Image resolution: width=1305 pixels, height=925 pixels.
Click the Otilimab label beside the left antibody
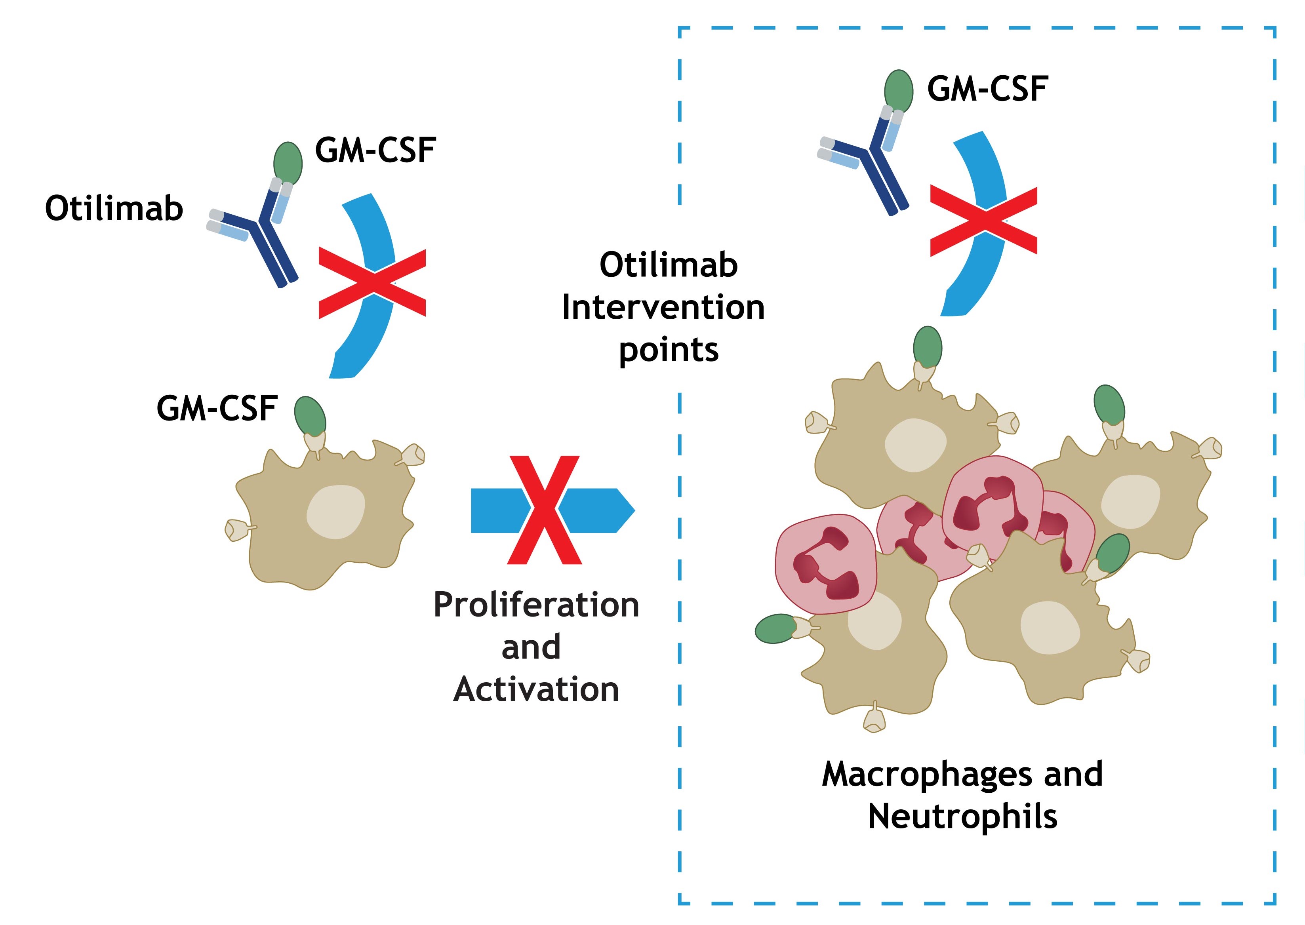coord(114,208)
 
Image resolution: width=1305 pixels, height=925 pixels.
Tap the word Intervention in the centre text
coord(663,308)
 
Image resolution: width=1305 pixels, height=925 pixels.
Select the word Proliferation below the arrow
coord(536,605)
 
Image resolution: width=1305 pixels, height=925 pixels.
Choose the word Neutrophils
coord(963,817)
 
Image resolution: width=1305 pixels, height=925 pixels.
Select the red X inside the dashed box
coord(984,221)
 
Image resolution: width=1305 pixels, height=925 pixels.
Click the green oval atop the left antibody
coord(288,162)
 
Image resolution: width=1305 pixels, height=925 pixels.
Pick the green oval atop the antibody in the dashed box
coord(898,91)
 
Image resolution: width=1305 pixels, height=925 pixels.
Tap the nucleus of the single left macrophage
coord(335,512)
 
